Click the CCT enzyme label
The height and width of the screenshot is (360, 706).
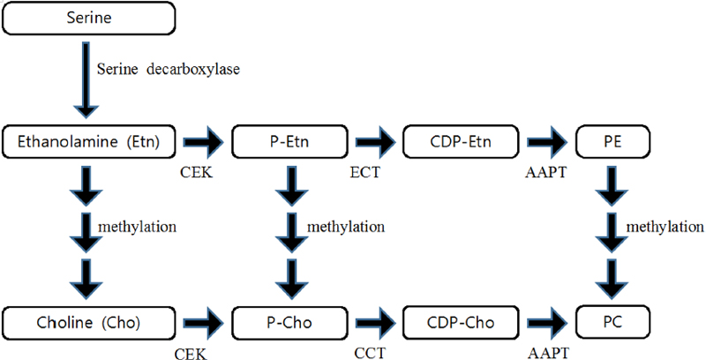click(x=364, y=353)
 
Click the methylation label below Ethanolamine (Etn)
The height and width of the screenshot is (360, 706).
click(x=139, y=227)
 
